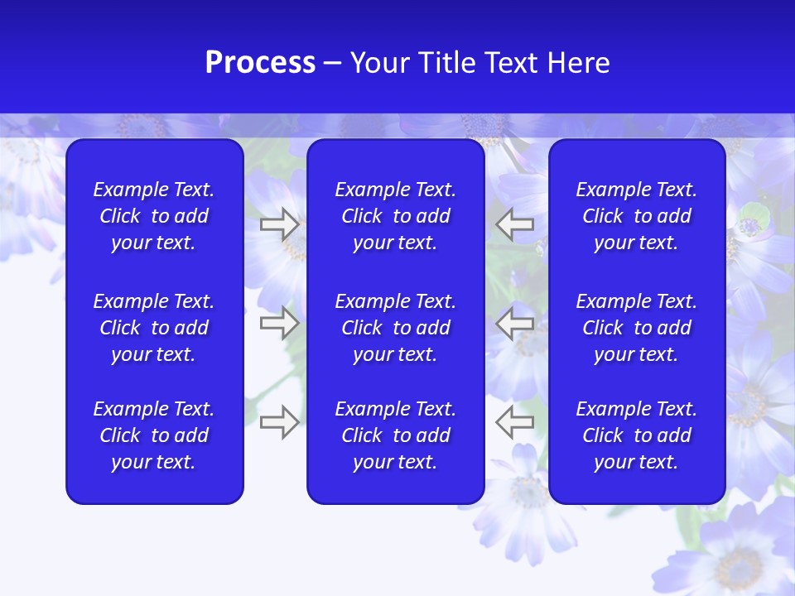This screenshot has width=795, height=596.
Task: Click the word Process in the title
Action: [x=260, y=63]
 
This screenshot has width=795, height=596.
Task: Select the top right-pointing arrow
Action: [x=280, y=224]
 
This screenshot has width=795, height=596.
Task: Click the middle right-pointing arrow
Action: [x=280, y=323]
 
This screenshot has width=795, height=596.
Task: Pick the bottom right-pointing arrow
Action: [x=280, y=421]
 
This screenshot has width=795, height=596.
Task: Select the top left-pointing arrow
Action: [x=515, y=224]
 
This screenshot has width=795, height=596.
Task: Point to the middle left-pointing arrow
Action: [x=515, y=323]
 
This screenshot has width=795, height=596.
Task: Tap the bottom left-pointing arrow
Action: [x=515, y=421]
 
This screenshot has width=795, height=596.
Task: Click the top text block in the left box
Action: [x=154, y=216]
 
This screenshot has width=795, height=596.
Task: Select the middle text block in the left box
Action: [x=154, y=328]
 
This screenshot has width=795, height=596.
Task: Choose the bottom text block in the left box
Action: [x=154, y=435]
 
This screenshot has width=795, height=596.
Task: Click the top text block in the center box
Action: [x=396, y=216]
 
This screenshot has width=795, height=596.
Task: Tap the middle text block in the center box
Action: [x=396, y=328]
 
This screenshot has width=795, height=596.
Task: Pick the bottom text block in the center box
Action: [x=396, y=435]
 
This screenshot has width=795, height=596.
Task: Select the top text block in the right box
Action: [x=637, y=216]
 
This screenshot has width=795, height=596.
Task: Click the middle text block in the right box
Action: [x=637, y=328]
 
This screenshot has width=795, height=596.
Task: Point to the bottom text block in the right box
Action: [x=637, y=435]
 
